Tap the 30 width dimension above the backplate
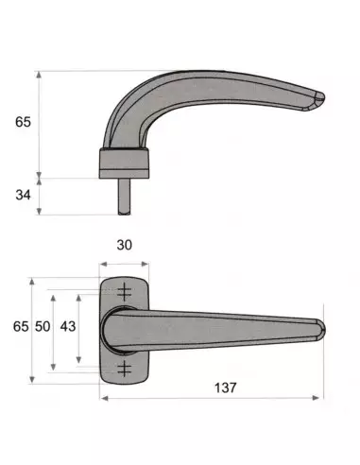(122, 244)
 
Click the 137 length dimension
(224, 387)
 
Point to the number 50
(42, 326)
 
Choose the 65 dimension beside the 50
(18, 326)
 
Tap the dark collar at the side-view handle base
(123, 163)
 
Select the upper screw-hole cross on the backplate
(124, 292)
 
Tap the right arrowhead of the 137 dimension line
(321, 398)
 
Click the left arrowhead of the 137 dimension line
(102, 398)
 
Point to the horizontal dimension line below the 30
(123, 264)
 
